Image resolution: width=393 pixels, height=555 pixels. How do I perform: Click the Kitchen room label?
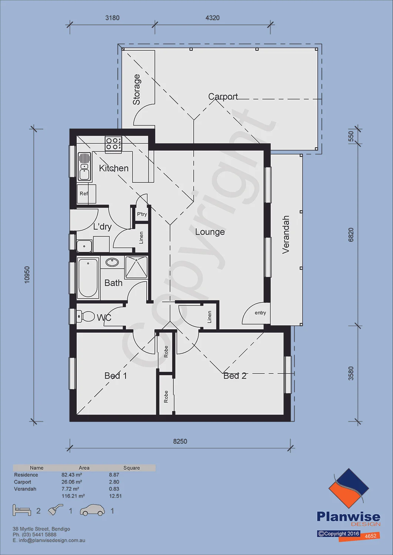[114, 168]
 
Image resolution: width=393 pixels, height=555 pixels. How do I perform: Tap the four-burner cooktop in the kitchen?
[113, 144]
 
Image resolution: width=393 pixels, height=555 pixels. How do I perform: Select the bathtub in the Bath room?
[88, 278]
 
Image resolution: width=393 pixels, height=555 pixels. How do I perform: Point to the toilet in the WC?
[86, 316]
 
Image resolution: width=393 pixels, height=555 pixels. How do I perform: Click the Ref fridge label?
[84, 194]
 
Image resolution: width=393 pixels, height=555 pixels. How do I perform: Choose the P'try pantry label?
[142, 214]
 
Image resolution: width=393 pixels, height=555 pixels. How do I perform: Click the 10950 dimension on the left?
[27, 275]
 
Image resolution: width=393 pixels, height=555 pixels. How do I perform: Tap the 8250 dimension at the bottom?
[180, 441]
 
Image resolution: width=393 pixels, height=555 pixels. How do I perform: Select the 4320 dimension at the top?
[213, 18]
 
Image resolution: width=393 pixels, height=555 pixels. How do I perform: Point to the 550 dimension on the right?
[351, 136]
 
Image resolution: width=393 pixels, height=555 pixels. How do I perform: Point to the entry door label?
[260, 313]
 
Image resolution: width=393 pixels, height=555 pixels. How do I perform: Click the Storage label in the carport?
[136, 90]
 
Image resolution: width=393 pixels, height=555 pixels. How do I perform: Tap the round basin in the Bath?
[112, 262]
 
